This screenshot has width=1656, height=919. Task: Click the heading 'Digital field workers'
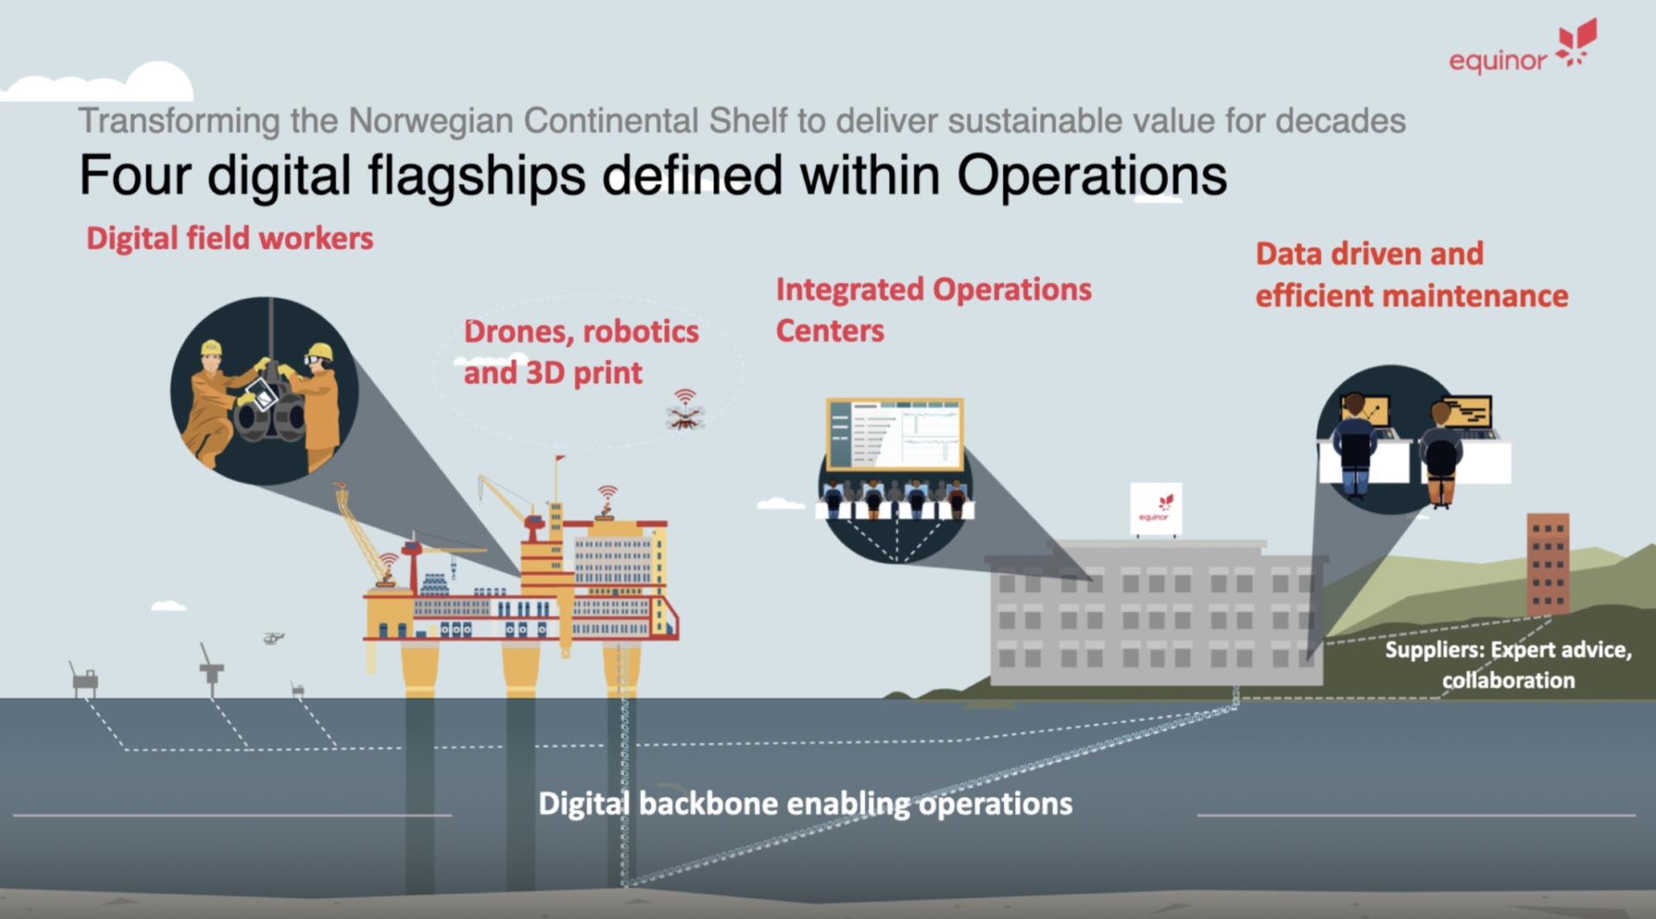pyautogui.click(x=229, y=238)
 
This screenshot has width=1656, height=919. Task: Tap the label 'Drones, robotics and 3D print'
pyautogui.click(x=580, y=352)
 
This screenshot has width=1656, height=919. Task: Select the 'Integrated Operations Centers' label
pyautogui.click(x=933, y=310)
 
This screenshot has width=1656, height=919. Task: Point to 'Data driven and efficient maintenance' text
pyautogui.click(x=1412, y=274)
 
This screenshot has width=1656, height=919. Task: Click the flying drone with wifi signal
pyautogui.click(x=686, y=412)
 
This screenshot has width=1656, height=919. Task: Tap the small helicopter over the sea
pyautogui.click(x=273, y=639)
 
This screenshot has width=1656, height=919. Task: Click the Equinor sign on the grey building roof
pyautogui.click(x=1156, y=509)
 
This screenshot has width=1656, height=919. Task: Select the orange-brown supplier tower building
pyautogui.click(x=1547, y=564)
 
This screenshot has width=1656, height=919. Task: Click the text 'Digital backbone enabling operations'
pyautogui.click(x=806, y=804)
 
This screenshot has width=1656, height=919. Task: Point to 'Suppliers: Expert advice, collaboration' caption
pyautogui.click(x=1509, y=664)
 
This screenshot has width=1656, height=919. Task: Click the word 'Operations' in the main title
pyautogui.click(x=1091, y=175)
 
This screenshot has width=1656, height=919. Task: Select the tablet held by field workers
pyautogui.click(x=261, y=394)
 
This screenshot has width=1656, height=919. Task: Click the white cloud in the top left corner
pyautogui.click(x=99, y=83)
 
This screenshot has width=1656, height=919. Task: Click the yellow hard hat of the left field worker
pyautogui.click(x=210, y=348)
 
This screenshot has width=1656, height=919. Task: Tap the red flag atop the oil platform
pyautogui.click(x=561, y=459)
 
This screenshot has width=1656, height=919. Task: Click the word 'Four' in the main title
pyautogui.click(x=135, y=175)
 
